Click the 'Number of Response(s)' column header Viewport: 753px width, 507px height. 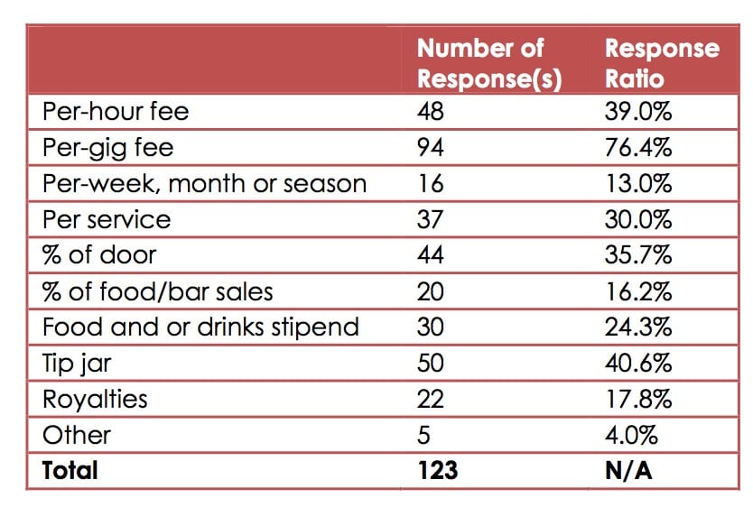point(488,62)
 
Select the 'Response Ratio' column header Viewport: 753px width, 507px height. point(662,62)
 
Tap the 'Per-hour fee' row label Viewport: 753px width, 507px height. point(116,113)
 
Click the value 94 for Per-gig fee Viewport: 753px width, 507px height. point(431,148)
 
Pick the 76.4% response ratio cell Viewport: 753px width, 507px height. point(638,148)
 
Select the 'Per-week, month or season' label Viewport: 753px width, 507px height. point(205,183)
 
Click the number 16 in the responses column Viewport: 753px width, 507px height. point(430,183)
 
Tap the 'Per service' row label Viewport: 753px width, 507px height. point(107,219)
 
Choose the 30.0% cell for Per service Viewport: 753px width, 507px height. point(638,219)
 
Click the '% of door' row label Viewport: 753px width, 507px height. point(99,255)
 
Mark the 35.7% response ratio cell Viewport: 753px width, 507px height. point(638,255)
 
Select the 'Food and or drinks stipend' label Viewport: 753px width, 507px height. point(200,327)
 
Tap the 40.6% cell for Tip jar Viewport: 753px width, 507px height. point(638,363)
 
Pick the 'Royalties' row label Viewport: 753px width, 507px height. point(95,398)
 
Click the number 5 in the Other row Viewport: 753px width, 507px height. point(424,434)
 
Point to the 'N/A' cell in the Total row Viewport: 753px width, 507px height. point(628,470)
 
